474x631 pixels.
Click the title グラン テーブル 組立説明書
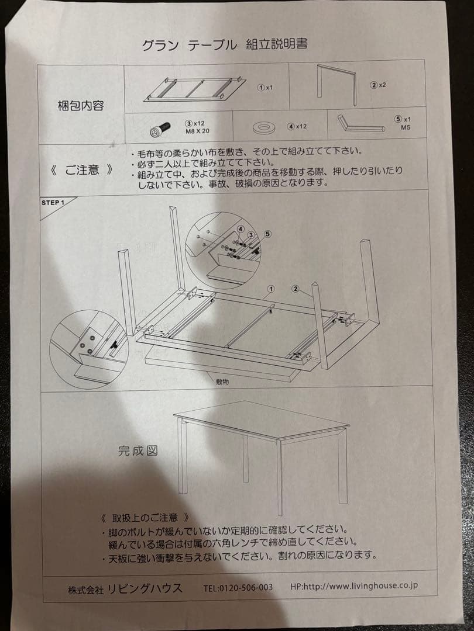(225, 45)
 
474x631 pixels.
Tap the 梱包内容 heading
(82, 106)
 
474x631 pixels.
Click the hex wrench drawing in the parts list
(360, 125)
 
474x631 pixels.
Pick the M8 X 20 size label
(197, 131)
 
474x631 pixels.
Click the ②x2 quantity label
(377, 85)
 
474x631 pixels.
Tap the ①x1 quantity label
(265, 88)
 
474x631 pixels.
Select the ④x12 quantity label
(297, 126)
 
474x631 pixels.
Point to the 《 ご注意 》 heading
(81, 171)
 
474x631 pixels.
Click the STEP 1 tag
(51, 203)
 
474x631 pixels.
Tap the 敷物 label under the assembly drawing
(222, 380)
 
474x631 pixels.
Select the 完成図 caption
(138, 450)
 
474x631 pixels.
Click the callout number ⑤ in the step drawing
(267, 234)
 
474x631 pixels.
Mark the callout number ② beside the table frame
(296, 288)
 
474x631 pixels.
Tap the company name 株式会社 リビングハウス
(125, 589)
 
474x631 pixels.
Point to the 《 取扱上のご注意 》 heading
(145, 518)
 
